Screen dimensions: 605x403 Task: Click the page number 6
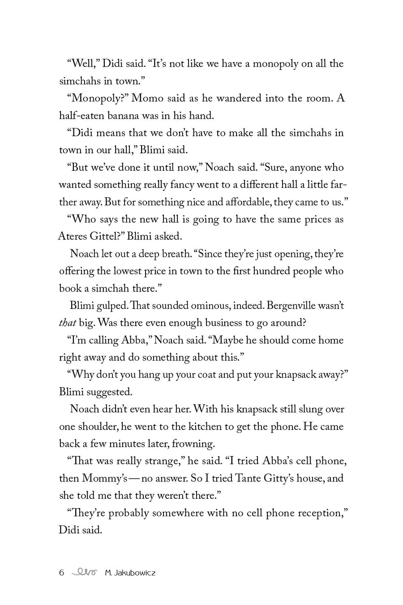(x=62, y=572)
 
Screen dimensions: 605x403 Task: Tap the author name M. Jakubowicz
(x=130, y=572)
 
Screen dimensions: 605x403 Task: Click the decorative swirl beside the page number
(x=84, y=572)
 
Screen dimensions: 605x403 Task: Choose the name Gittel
(x=106, y=237)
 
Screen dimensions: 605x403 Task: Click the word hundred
(x=263, y=271)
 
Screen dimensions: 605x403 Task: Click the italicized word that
(x=68, y=323)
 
